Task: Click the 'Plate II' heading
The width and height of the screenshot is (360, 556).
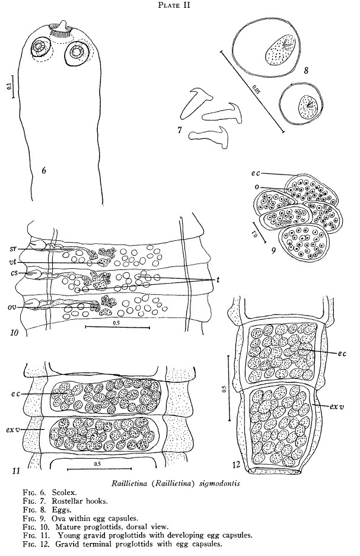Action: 174,5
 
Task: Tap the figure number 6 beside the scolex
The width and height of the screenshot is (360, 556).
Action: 43,170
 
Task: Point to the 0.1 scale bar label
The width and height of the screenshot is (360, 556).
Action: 9,86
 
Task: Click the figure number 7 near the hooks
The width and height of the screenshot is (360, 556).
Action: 180,130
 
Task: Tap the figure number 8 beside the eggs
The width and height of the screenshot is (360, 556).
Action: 306,70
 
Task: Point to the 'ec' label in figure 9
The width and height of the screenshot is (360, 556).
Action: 256,173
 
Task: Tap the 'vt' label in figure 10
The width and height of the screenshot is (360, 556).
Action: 13,262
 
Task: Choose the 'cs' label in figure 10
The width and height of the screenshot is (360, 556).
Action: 13,274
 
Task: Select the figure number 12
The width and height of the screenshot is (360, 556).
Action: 237,464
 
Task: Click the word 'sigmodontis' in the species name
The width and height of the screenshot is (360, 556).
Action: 219,483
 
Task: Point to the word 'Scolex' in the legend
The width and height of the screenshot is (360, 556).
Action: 64,492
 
